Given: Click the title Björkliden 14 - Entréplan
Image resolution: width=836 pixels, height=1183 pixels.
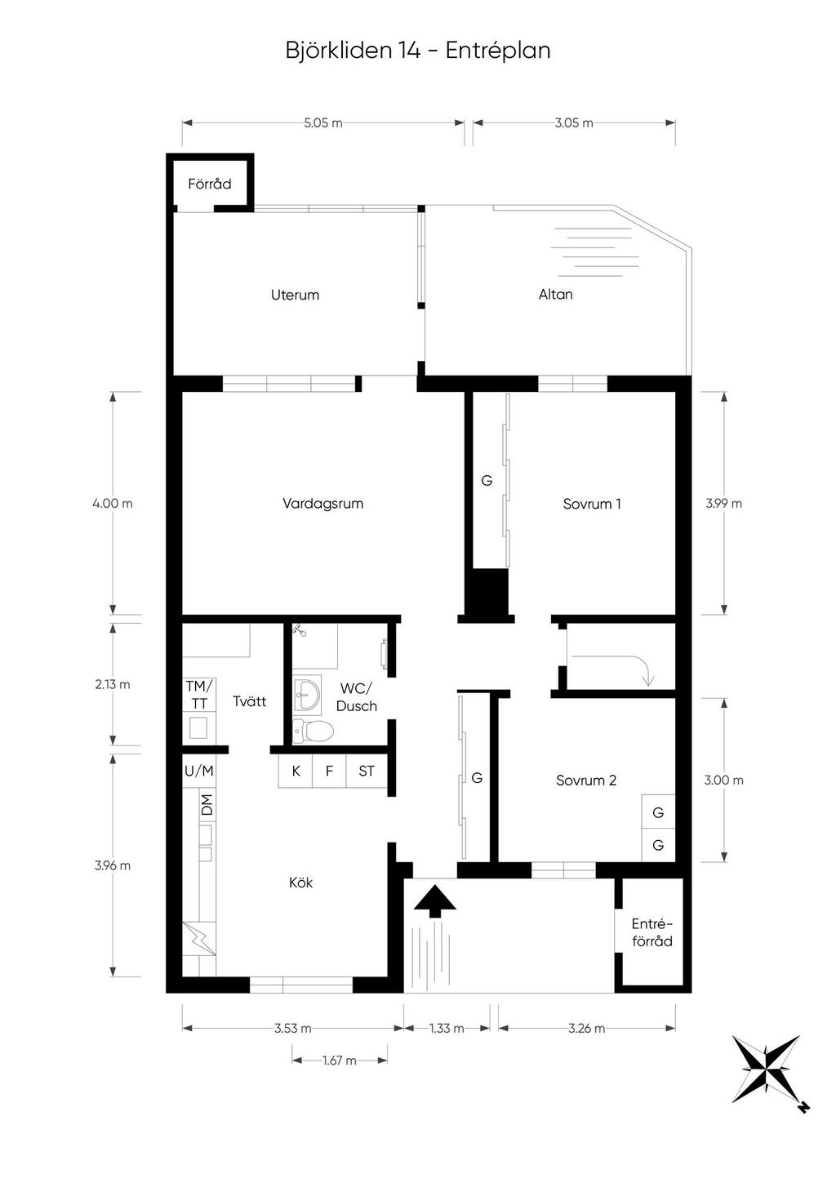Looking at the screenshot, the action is tap(418, 51).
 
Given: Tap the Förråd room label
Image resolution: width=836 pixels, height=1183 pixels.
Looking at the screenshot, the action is tap(210, 184).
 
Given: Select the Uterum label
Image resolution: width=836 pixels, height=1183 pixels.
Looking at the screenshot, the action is tap(295, 295).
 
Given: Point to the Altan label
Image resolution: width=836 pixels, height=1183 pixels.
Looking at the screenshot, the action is tap(556, 294).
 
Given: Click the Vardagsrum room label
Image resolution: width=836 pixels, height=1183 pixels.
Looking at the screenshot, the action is tap(322, 503).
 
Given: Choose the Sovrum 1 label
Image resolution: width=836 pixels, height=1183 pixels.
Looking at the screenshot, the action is tap(591, 504).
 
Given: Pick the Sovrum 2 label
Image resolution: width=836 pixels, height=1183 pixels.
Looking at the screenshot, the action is tap(585, 780).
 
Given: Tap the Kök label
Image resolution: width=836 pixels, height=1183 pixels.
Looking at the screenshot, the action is tap(301, 882).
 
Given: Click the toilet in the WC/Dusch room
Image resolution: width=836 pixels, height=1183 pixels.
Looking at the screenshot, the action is tap(313, 732).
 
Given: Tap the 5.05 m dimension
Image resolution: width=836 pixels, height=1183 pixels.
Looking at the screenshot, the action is tap(322, 123).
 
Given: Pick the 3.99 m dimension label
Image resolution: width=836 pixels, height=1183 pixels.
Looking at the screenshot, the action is tap(723, 503).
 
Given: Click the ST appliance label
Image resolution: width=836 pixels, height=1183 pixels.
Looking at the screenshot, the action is tap(367, 771).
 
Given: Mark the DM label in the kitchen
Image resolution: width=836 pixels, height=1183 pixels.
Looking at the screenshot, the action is tap(207, 804).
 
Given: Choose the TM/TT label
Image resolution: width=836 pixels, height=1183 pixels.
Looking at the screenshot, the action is tap(199, 695).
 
